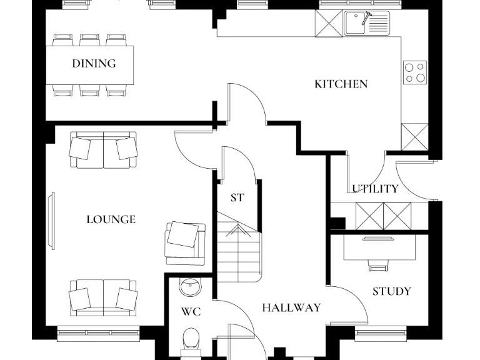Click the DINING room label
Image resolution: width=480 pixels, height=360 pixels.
[x=94, y=64]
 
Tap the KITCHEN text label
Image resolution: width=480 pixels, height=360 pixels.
[x=341, y=84]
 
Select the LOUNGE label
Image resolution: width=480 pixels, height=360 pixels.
[x=111, y=220]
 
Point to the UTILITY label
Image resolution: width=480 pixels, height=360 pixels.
[x=375, y=189]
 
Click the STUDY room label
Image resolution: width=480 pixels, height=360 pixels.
[x=391, y=292]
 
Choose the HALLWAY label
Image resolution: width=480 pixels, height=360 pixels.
[x=291, y=308]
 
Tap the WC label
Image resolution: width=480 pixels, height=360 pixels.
[x=191, y=312]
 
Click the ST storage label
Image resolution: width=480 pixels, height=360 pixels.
[x=237, y=198]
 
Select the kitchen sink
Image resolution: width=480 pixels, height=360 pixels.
[x=366, y=24]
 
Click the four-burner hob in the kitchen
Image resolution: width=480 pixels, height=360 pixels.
[x=414, y=72]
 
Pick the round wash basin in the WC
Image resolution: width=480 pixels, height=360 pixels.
[x=190, y=287]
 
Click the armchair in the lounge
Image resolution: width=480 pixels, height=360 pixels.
[x=184, y=239]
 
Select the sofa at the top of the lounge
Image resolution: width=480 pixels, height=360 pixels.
[x=103, y=150]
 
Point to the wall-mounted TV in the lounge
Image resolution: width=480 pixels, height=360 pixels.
[x=51, y=219]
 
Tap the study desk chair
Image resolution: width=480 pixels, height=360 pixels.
[x=377, y=266]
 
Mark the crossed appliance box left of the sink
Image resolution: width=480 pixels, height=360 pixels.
[x=327, y=23]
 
